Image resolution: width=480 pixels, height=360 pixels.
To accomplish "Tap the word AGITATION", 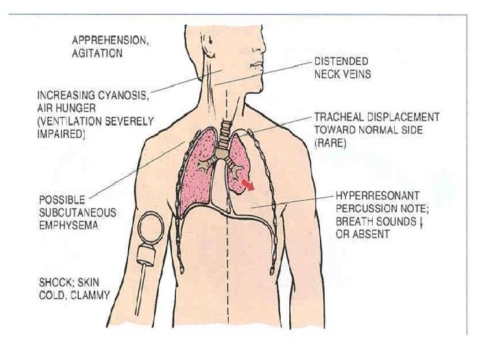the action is [x=97, y=54].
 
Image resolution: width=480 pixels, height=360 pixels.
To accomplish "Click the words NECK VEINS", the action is [x=344, y=73].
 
